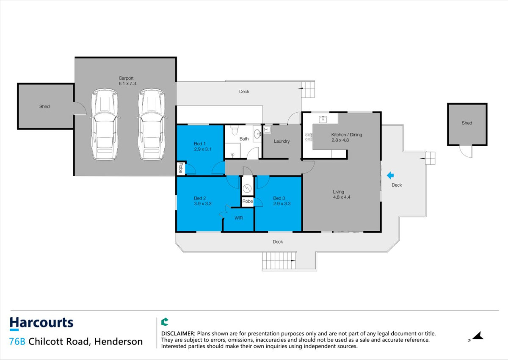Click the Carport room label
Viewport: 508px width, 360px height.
[x=126, y=78]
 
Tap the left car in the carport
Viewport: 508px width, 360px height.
[x=105, y=124]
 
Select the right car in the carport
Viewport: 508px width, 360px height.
[x=152, y=124]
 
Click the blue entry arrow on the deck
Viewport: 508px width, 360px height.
[x=390, y=175]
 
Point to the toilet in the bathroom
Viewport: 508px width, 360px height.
[x=235, y=130]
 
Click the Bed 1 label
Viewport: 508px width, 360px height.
[x=199, y=144]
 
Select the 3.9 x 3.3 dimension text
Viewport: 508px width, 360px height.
[x=203, y=203]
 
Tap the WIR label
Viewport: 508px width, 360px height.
[x=239, y=218]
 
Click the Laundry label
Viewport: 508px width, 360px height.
[x=282, y=141]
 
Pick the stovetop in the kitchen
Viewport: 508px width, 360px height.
[x=308, y=137]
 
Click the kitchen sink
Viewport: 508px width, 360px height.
[x=323, y=119]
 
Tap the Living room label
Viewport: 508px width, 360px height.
[x=338, y=192]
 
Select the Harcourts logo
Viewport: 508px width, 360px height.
[x=41, y=324]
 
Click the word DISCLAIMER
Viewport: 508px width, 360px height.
[x=178, y=333]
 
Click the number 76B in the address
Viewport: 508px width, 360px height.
[x=17, y=341]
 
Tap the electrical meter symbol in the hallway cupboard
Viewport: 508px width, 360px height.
[x=247, y=188]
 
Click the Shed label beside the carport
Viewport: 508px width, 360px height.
[x=44, y=106]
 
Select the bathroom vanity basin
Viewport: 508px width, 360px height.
[x=257, y=134]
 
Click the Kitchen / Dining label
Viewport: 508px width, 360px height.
[x=347, y=135]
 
